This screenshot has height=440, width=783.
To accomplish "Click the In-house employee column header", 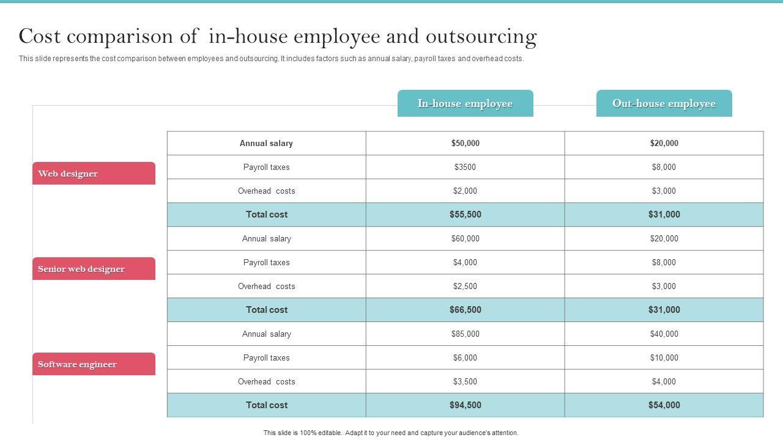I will coord(465,103).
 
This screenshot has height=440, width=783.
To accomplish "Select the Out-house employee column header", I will coord(664,103).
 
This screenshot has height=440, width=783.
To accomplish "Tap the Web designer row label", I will coord(94,174).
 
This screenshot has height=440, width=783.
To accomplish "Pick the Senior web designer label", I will coord(94,269).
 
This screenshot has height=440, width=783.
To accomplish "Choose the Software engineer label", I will coord(94,364).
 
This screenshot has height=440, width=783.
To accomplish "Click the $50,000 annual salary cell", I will coord(465,143).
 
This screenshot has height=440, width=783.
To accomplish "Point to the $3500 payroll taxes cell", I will coord(465,167).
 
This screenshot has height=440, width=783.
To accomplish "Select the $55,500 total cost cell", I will coord(465,215).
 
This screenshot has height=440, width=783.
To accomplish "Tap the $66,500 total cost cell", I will coord(465,310).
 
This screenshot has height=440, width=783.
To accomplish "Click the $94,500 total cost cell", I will coord(465,405).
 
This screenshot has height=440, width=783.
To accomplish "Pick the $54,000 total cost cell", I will coord(664,405).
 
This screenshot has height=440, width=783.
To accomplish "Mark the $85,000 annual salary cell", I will coord(465,334).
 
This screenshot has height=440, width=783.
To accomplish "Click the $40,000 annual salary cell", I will coord(664,334).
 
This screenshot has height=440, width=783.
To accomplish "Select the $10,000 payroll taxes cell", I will coord(664,358).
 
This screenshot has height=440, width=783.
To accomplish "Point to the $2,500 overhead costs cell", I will coord(465,286).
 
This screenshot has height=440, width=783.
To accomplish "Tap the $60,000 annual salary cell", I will coord(465,238).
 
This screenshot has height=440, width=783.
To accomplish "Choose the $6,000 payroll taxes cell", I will coord(465,358).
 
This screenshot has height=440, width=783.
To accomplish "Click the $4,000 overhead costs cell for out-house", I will coord(664,381).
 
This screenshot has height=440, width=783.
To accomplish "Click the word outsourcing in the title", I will coord(481,37).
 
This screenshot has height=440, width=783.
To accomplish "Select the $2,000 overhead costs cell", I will coord(465,191).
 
